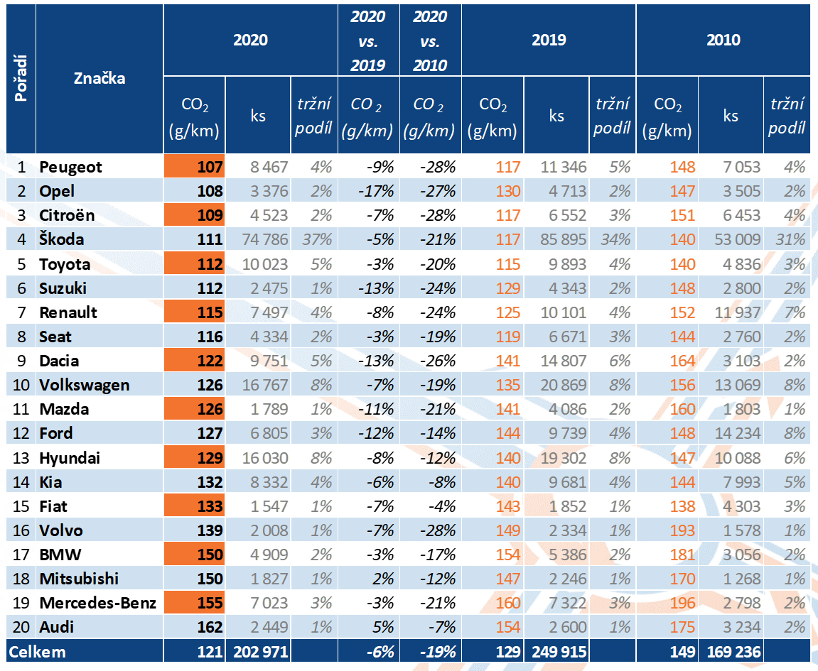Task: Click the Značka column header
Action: tap(99, 78)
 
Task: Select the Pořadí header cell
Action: tap(21, 78)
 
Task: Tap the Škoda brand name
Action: tap(62, 239)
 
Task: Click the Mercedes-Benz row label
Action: tap(97, 603)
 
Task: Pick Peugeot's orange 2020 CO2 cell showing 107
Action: tap(194, 167)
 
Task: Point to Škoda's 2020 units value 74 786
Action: tap(265, 239)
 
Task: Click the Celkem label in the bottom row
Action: tap(37, 652)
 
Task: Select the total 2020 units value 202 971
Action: tap(261, 652)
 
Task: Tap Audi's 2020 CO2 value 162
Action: tap(210, 627)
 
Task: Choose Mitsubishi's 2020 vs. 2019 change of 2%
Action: tap(383, 579)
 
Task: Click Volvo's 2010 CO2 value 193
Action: tap(682, 530)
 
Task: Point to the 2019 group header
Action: tap(549, 40)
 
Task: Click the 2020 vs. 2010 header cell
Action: tap(431, 40)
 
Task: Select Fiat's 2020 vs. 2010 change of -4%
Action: tap(442, 506)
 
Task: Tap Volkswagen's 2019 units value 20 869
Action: tap(564, 386)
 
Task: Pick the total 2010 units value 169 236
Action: tap(733, 652)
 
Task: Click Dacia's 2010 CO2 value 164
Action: tap(682, 361)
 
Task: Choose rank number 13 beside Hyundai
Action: tap(21, 458)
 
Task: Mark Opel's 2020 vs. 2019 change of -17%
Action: tap(376, 191)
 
